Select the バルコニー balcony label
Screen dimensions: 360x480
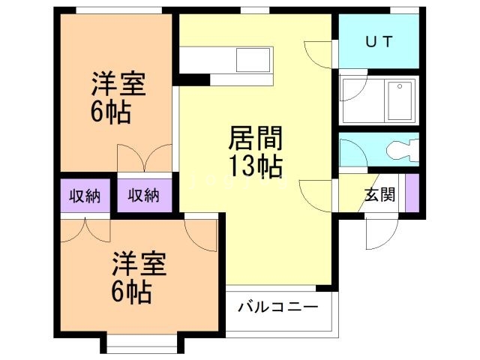pos(278,307)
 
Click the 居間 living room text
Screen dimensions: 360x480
pos(255,139)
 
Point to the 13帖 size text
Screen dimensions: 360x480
pos(256,167)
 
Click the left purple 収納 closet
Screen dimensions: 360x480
pos(85,196)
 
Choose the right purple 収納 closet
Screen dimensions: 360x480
pos(143,196)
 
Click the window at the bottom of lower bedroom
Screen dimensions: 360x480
pos(142,346)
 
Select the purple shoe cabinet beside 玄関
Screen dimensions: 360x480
pos(411,193)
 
